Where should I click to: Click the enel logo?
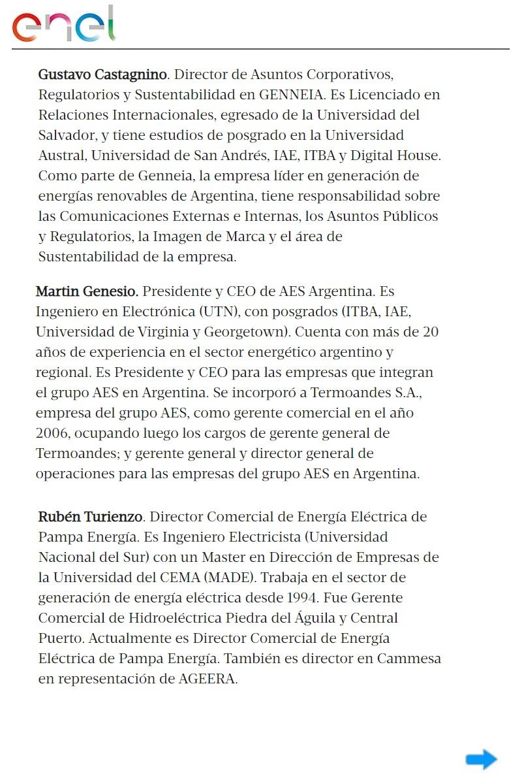63,25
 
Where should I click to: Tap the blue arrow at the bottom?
481,759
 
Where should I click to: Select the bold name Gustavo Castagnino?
103,74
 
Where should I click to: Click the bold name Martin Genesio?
87,291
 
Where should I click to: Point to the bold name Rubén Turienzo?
90,517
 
